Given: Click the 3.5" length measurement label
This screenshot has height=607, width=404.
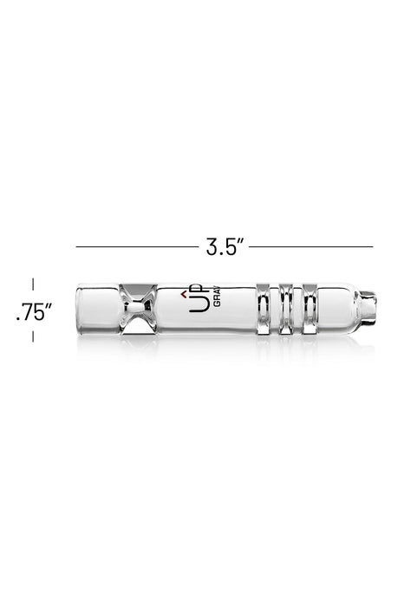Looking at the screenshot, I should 223,247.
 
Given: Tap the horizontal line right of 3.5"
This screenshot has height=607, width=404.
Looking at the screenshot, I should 312,247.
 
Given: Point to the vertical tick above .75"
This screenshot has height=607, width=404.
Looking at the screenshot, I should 34,284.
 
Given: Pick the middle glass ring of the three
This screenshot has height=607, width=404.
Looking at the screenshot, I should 284,311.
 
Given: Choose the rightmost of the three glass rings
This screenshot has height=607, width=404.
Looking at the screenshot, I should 303,311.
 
